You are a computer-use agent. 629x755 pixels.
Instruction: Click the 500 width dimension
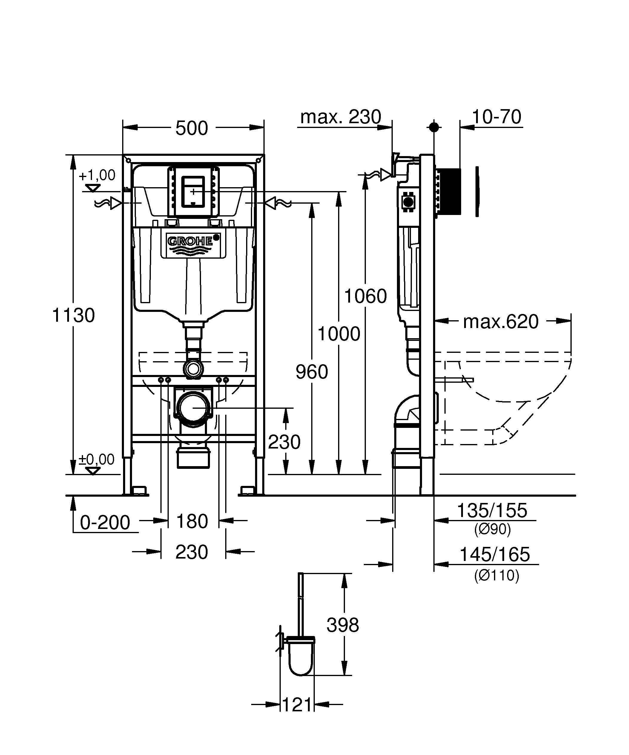191,128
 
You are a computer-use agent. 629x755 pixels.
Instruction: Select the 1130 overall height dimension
73,315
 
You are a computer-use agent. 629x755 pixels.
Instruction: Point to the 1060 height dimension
366,296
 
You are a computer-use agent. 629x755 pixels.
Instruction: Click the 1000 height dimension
339,334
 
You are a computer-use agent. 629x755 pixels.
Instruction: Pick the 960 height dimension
312,372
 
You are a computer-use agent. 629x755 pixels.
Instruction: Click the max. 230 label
340,117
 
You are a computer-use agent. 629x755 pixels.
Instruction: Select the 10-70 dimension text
496,117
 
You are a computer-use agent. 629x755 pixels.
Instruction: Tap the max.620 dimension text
501,321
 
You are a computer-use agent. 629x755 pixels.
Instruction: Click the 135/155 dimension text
492,510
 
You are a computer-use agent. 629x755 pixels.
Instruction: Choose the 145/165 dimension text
495,554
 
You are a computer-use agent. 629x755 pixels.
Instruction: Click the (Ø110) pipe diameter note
496,576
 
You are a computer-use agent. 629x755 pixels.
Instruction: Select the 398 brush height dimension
343,625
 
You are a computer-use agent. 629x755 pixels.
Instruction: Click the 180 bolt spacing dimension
192,521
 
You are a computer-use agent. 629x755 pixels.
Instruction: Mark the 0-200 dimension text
105,522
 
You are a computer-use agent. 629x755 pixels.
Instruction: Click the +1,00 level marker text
97,176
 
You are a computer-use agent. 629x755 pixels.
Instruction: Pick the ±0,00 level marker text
96,460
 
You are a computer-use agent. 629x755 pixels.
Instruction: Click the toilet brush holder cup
302,659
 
